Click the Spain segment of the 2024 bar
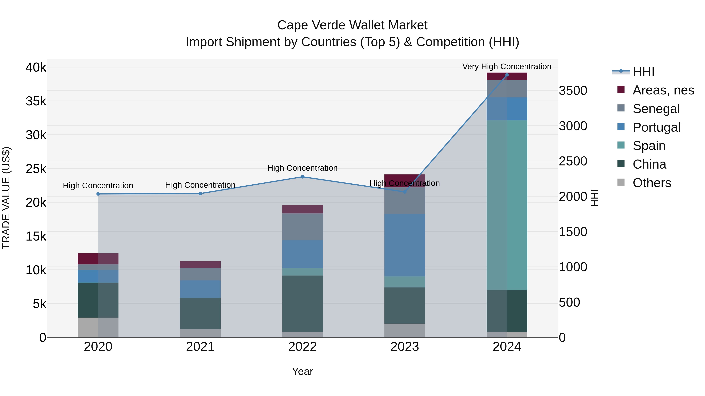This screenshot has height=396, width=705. click(x=507, y=205)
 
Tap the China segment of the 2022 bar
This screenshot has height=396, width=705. click(x=302, y=304)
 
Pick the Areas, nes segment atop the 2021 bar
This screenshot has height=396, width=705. click(x=200, y=265)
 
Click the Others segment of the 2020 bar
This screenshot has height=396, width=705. click(x=98, y=327)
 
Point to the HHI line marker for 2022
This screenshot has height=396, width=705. click(x=302, y=177)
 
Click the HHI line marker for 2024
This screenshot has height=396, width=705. click(x=507, y=75)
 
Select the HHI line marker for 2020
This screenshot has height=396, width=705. click(x=98, y=194)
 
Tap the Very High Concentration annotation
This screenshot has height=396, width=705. click(x=507, y=67)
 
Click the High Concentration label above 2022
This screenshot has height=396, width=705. click(x=302, y=168)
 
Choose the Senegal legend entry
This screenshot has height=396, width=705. click(x=656, y=109)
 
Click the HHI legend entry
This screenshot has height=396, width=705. click(x=643, y=72)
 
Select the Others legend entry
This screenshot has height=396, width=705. click(x=652, y=183)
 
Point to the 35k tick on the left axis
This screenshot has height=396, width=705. click(x=36, y=101)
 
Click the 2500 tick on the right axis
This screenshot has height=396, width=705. click(x=573, y=161)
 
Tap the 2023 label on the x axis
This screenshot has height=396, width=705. click(x=405, y=347)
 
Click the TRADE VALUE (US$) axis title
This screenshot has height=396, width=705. click(x=6, y=198)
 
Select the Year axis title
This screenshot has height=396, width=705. click(x=302, y=371)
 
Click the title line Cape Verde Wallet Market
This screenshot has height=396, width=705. click(x=352, y=25)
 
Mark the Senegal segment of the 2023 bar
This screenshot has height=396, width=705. click(x=405, y=201)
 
